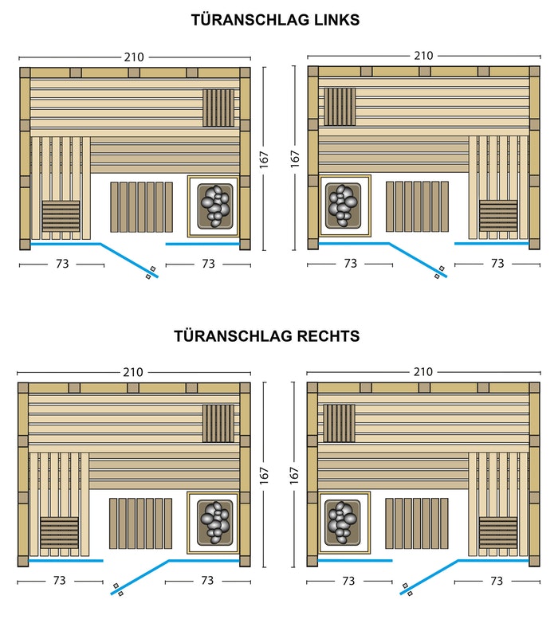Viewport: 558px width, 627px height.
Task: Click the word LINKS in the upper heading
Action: (336, 20)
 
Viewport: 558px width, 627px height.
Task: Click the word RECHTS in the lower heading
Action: (328, 336)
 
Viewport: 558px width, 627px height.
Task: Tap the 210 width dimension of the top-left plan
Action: (134, 57)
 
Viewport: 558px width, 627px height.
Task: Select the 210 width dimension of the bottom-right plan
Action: (423, 372)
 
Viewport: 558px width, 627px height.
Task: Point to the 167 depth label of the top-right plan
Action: (295, 159)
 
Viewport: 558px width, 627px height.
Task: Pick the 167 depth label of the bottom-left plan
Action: (264, 476)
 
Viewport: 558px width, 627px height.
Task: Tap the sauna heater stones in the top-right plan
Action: (343, 206)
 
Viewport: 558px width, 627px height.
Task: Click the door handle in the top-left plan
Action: (151, 272)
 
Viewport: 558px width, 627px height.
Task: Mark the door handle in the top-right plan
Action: (439, 272)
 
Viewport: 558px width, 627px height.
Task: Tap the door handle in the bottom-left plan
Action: (118, 590)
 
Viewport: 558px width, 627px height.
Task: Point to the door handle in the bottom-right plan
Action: (407, 590)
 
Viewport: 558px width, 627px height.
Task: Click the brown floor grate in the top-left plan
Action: (141, 207)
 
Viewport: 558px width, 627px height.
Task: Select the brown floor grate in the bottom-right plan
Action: (416, 523)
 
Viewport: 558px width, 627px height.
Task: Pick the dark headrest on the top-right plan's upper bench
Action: (340, 107)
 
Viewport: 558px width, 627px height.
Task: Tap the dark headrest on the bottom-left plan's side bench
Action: (59, 533)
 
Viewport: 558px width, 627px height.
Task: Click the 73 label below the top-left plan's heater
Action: (208, 264)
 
